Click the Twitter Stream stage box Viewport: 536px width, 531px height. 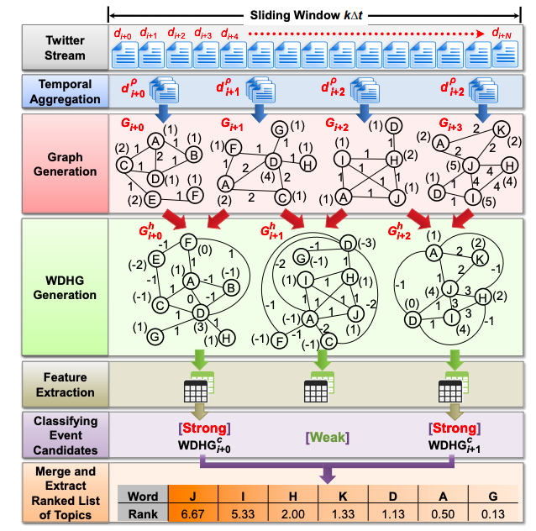pos(54,49)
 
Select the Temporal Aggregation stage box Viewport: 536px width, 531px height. pos(54,92)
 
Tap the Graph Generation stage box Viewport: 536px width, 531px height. pos(54,160)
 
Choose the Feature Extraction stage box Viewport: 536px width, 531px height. pos(54,384)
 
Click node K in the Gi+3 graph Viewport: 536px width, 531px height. pos(499,129)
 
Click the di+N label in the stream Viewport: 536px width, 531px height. pos(502,34)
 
